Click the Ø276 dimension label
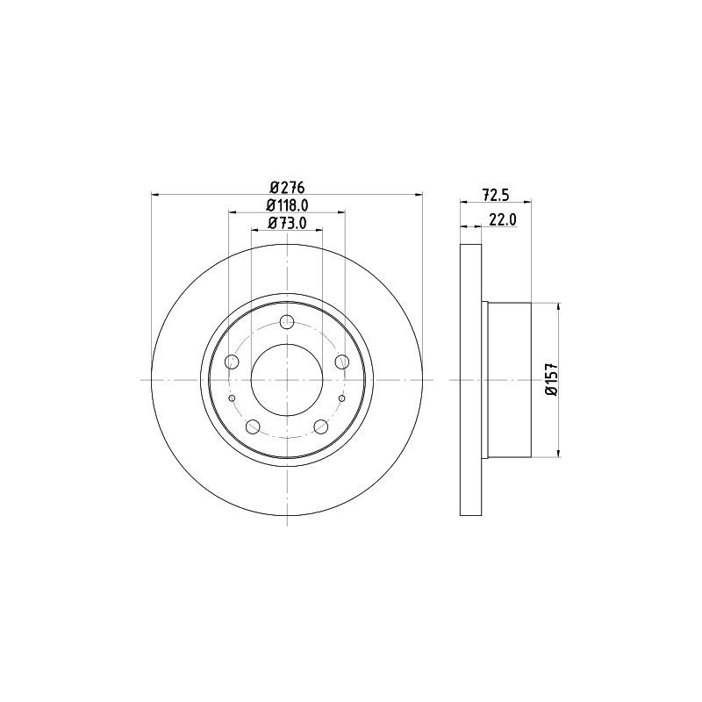(x=287, y=186)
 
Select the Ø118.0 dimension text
(x=287, y=205)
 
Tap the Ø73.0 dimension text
(x=287, y=223)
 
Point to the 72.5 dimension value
(x=496, y=195)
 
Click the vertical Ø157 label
(x=552, y=379)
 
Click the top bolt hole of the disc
(x=287, y=321)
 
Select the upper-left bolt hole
(x=232, y=362)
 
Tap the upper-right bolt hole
(x=342, y=361)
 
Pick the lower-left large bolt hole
(x=253, y=426)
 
